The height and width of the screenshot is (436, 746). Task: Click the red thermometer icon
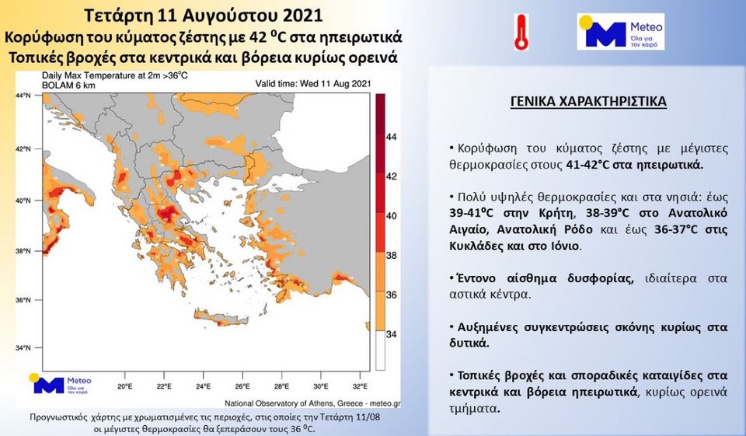pos(521,33)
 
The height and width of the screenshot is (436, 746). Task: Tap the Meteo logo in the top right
pos(620,31)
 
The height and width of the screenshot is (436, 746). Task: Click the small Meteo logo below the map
pos(60,384)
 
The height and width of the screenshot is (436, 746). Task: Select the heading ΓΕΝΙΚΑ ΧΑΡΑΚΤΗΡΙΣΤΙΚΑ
pos(588,101)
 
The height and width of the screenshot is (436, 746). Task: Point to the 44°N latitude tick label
pos(23,96)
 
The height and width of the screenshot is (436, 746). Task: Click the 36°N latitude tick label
pos(23,300)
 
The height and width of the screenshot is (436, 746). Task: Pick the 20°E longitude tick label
pos(124,386)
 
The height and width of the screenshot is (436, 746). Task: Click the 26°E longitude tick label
pos(242,386)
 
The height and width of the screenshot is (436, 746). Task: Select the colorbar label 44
pos(391,137)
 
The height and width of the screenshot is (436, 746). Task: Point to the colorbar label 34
pos(391,335)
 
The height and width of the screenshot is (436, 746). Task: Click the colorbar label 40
pos(391,216)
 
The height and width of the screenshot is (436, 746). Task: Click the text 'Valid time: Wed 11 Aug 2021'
pos(313,84)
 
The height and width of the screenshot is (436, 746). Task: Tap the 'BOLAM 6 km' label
pos(68,85)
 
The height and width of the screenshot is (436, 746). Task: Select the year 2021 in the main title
pos(302,16)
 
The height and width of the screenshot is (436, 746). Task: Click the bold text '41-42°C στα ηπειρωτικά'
pos(635,166)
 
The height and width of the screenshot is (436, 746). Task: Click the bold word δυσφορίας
pos(601,278)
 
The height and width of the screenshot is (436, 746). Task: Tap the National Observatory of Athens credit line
pos(312,403)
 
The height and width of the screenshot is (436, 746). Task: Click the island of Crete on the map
pos(221,318)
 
